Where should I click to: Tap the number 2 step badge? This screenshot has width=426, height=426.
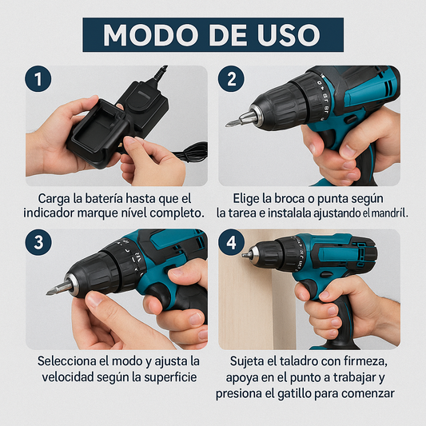tap(232, 78)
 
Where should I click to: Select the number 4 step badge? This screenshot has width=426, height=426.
tap(232, 243)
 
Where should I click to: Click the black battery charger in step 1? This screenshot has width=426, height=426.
tap(104, 128)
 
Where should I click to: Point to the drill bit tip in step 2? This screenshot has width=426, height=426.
tap(231, 122)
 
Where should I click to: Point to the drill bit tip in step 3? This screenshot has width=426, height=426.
tap(50, 290)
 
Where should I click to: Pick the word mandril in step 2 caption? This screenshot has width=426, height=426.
tap(388, 213)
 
